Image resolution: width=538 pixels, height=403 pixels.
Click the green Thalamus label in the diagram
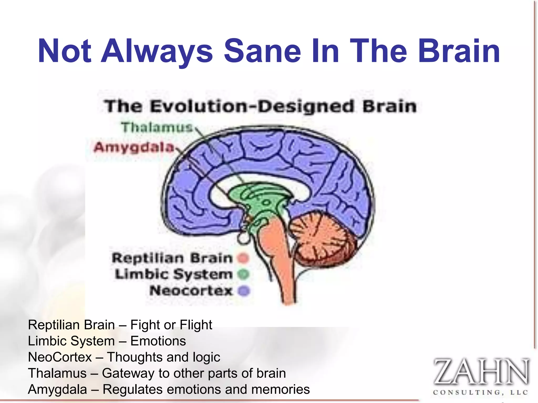point(157,128)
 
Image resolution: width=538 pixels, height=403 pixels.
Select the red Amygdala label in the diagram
point(134,147)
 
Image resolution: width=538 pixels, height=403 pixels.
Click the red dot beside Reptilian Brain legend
point(243,258)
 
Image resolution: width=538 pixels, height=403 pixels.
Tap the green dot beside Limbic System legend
point(243,274)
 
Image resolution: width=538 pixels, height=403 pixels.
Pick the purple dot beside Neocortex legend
point(244,291)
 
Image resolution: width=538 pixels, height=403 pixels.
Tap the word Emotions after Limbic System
point(158,341)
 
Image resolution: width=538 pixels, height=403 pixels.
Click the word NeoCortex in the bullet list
point(60,357)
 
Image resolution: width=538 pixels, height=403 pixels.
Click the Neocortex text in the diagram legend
point(191,291)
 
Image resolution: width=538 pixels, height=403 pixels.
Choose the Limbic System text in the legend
point(174,274)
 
